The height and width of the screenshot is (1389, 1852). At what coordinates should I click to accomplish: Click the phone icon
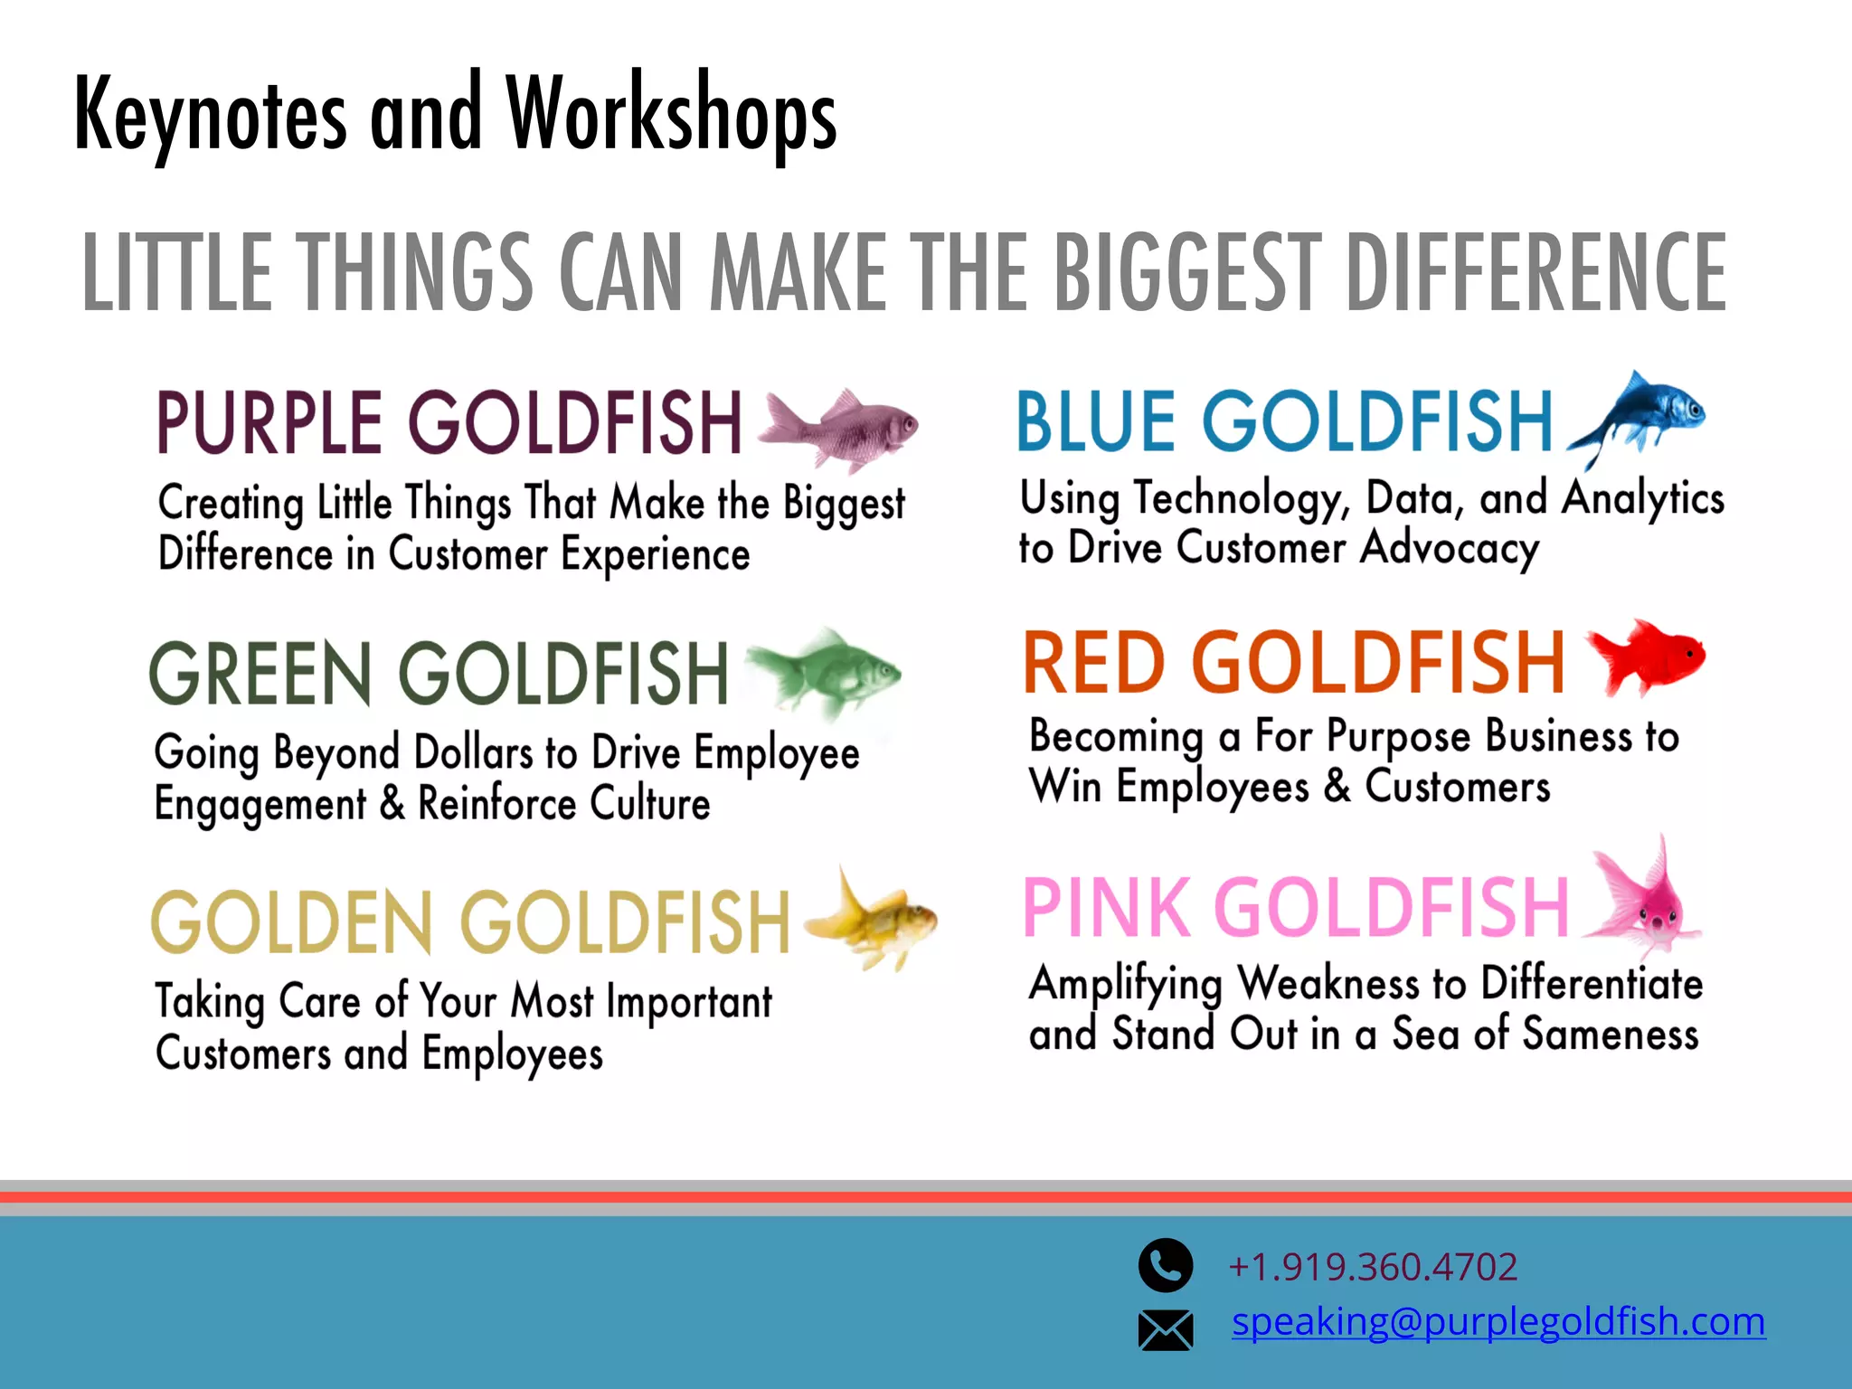1166,1265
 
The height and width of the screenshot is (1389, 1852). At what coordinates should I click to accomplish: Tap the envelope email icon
1166,1329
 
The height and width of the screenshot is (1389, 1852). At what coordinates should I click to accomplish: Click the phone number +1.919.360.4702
1373,1267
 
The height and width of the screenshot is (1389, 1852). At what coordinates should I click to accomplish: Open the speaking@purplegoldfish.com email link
1498,1322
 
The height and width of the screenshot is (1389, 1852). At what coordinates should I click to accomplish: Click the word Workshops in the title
671,116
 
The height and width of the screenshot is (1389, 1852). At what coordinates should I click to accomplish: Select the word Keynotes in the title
211,116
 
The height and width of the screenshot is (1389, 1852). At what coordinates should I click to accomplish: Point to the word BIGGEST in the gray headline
1187,271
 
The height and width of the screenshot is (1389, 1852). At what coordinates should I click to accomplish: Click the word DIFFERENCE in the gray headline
1536,271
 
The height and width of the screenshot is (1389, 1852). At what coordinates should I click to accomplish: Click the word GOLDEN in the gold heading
292,922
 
